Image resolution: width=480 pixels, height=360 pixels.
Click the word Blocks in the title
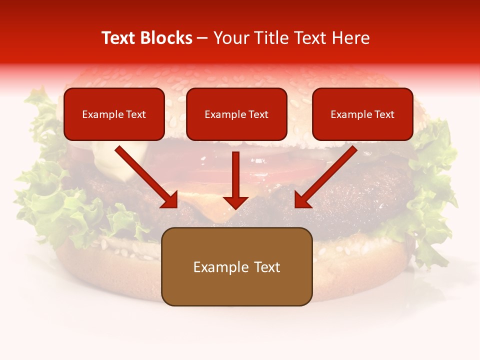point(166,38)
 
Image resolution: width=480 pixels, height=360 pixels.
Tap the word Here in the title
point(349,38)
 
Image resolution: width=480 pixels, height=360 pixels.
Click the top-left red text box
point(114,114)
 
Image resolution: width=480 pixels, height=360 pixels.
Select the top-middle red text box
point(236,114)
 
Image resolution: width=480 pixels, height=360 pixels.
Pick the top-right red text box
point(362,114)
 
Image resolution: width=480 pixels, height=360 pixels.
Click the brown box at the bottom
point(236,266)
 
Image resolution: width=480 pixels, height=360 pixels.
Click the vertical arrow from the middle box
point(235,175)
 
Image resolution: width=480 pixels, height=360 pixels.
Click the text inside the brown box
point(236,267)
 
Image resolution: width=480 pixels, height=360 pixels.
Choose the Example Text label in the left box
point(114,114)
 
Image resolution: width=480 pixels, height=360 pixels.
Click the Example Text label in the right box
point(362,114)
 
